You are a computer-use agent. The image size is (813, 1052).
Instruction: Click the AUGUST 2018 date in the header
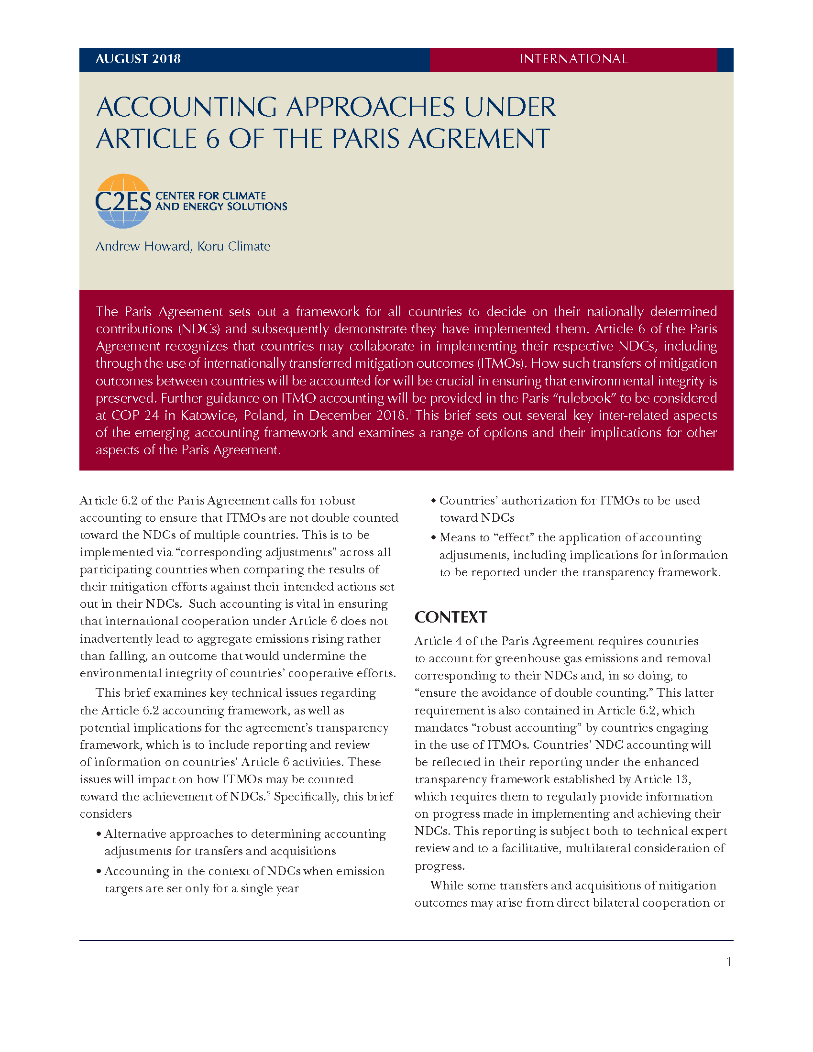coord(138,59)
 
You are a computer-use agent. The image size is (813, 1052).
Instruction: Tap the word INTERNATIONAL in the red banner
coord(573,59)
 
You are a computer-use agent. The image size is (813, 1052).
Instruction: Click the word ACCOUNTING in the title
coord(187,107)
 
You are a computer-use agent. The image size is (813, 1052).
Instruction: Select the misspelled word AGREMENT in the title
coord(479,139)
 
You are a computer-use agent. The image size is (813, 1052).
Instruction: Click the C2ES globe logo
coord(123,201)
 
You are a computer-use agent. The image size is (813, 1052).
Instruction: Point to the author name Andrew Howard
coord(143,246)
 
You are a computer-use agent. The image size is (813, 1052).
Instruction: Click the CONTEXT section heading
coord(451,617)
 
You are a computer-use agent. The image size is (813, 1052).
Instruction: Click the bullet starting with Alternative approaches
coord(245,834)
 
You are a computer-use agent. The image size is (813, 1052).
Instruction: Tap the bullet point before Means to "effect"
coord(433,538)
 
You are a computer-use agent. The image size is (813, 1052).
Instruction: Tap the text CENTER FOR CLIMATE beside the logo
coord(210,196)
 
